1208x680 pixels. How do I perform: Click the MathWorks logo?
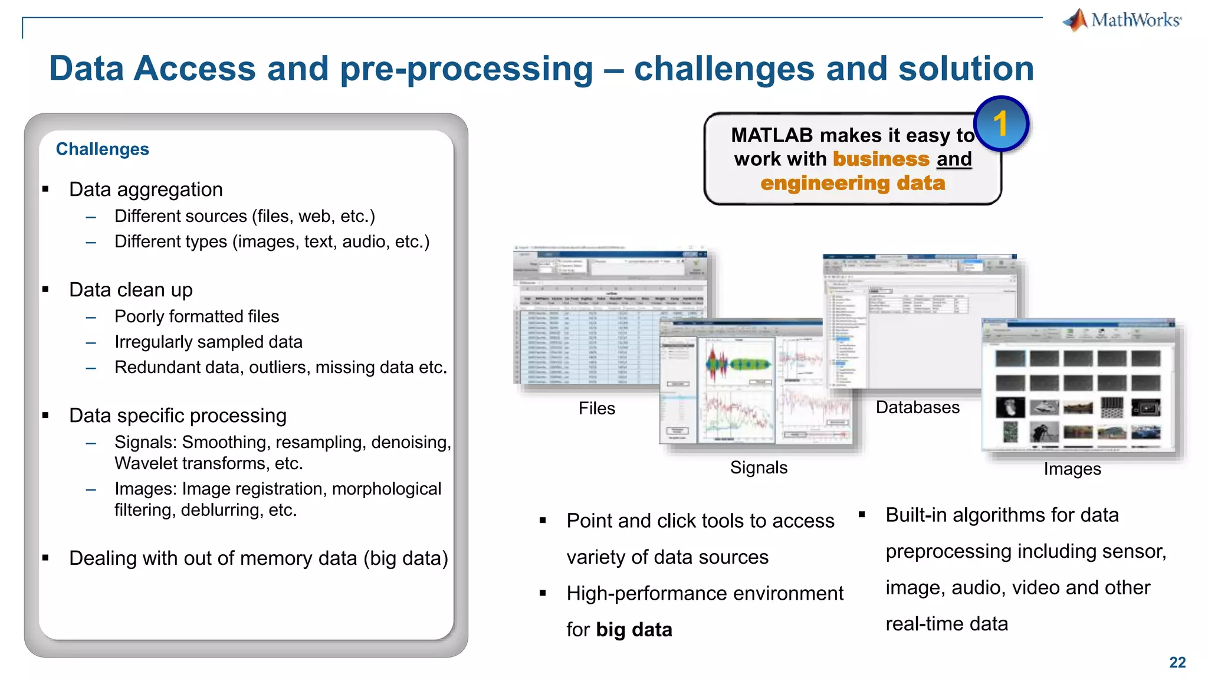(1122, 20)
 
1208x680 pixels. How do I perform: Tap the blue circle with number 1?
(1001, 124)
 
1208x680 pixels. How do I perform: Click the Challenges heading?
(102, 149)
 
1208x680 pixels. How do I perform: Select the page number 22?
(1177, 662)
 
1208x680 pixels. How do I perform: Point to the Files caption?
(596, 408)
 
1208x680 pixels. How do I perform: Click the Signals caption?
(759, 467)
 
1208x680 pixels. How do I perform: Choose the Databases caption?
(917, 407)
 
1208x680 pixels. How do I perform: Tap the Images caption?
(1072, 469)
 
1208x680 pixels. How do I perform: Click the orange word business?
(881, 159)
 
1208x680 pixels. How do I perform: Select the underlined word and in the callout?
(954, 159)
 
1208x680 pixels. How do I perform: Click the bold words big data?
(633, 630)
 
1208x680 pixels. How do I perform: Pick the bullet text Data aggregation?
(146, 189)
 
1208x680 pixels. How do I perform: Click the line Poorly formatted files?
(196, 316)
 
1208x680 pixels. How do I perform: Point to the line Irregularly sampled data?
(208, 342)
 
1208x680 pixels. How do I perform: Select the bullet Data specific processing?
(178, 416)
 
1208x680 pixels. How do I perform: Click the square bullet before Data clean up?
(45, 290)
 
